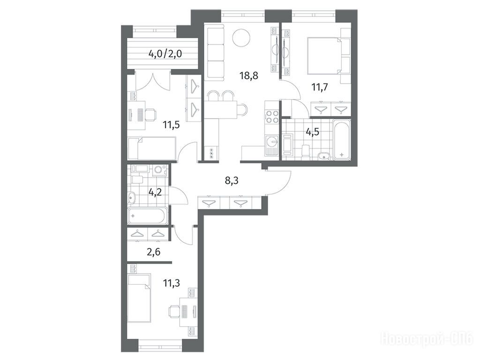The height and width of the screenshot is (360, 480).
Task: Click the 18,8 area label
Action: [249, 75]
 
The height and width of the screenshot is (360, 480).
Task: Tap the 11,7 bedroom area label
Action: [320, 88]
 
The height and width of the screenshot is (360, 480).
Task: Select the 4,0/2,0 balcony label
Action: [165, 54]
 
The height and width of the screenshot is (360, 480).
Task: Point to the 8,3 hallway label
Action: [232, 180]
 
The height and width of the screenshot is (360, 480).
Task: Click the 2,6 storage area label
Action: [154, 252]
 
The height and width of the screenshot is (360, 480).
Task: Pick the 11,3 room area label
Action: [171, 283]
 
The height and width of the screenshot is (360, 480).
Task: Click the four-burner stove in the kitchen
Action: [271, 117]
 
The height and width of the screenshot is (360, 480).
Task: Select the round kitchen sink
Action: [271, 141]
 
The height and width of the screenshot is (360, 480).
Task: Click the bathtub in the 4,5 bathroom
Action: [342, 140]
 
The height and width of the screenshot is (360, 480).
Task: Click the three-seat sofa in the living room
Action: [215, 52]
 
